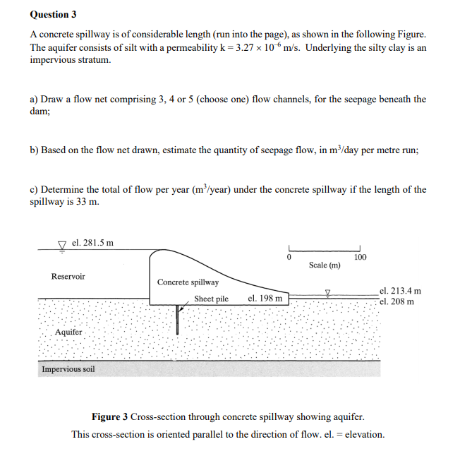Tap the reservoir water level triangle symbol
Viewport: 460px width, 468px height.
62,245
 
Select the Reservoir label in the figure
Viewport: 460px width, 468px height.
68,276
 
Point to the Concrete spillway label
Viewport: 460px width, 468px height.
188,282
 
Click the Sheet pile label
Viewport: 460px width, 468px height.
211,299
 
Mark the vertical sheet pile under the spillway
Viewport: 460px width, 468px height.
177,320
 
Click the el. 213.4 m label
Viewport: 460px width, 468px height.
400,290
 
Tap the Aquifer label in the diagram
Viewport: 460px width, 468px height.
68,332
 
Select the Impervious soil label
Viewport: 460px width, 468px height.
68,369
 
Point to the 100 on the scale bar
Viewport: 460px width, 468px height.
360,257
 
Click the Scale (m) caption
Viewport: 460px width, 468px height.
325,265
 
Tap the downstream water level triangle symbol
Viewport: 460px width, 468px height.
327,291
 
